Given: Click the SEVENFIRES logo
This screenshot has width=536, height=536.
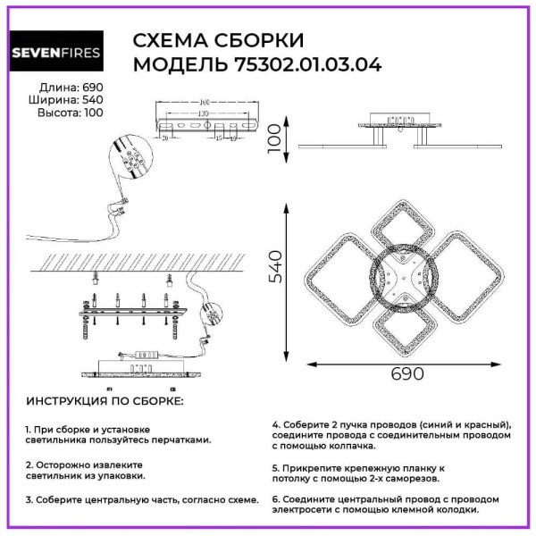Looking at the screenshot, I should (x=54, y=53).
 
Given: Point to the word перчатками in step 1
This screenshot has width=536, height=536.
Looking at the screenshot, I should (x=180, y=440).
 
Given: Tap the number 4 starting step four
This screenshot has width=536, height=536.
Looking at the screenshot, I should (x=276, y=423).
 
